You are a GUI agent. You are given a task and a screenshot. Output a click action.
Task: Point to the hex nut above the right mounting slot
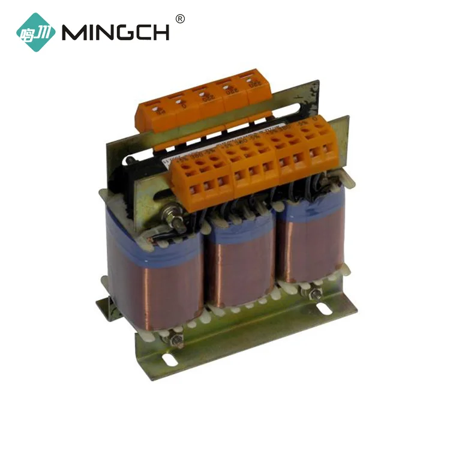313,294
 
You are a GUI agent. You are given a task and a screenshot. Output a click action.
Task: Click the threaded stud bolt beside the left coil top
177,219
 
